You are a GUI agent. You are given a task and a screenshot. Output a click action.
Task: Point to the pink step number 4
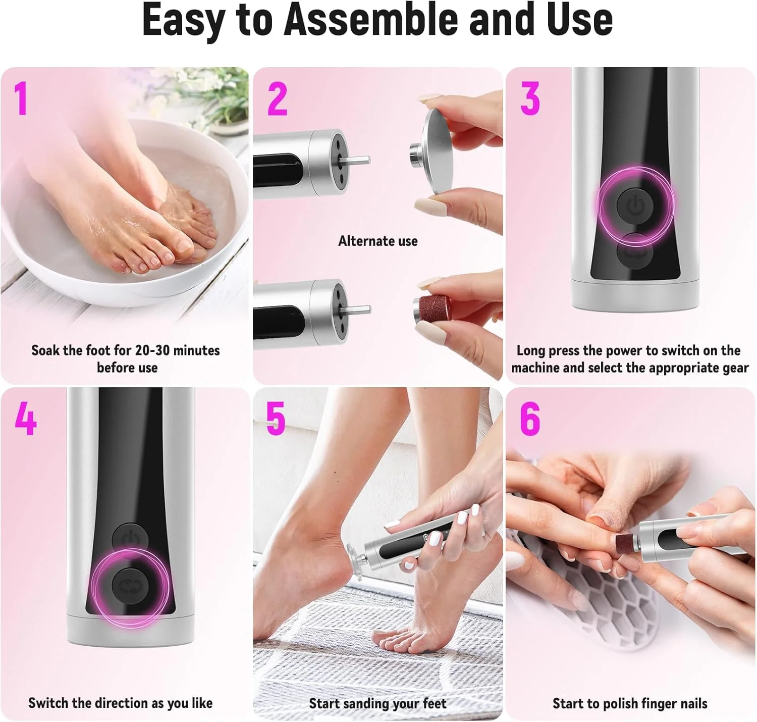(x=25, y=418)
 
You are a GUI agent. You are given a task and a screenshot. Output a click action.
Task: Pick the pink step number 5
(x=276, y=419)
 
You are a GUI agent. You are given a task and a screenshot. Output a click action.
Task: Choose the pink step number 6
(x=530, y=419)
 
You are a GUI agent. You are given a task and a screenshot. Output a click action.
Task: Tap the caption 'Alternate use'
(x=377, y=241)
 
